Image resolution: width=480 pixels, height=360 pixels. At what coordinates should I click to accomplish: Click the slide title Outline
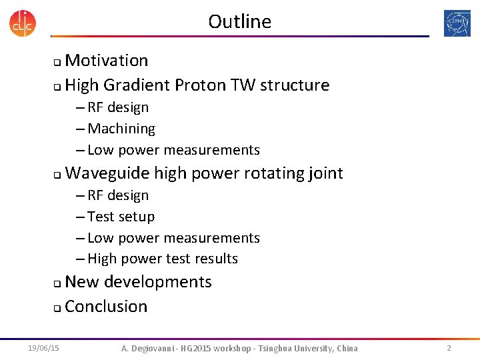point(239,21)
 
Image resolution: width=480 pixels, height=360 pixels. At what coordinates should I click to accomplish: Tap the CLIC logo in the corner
point(23,23)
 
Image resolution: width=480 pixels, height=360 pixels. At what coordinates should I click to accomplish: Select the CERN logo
point(457,23)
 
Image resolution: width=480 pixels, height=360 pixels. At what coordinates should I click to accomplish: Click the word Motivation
point(107,61)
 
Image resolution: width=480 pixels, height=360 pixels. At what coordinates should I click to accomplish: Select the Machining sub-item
point(121,129)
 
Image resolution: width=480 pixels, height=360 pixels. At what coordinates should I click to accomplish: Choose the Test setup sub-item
point(120,217)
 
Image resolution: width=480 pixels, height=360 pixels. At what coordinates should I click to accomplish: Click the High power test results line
point(162,259)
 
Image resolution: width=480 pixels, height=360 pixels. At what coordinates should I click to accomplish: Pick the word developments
point(157,282)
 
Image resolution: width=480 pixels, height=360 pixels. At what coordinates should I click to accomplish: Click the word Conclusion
point(106,307)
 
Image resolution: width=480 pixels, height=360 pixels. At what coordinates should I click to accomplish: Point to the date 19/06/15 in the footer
point(43,348)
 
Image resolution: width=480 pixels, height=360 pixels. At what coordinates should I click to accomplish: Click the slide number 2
point(449,348)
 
